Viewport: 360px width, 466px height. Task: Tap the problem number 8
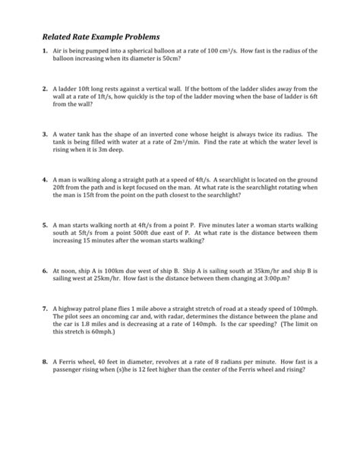(45, 362)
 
